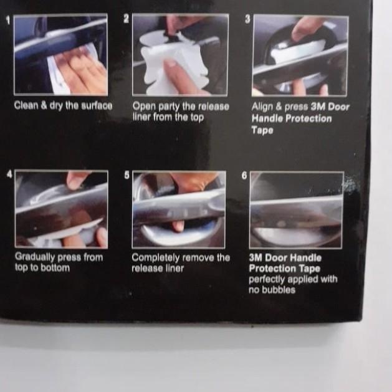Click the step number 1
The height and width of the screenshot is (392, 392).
coord(8,21)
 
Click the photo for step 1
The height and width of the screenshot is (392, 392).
coord(60,55)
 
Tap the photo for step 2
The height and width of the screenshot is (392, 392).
coord(180,55)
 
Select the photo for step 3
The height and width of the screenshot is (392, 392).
coord(300,55)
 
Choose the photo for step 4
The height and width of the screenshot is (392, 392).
coord(61,209)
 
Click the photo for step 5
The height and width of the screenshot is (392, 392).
coord(179,209)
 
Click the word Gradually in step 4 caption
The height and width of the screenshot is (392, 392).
coord(35,257)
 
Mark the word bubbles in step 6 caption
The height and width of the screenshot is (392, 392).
coord(280,290)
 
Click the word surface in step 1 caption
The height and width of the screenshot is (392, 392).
coord(97,106)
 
